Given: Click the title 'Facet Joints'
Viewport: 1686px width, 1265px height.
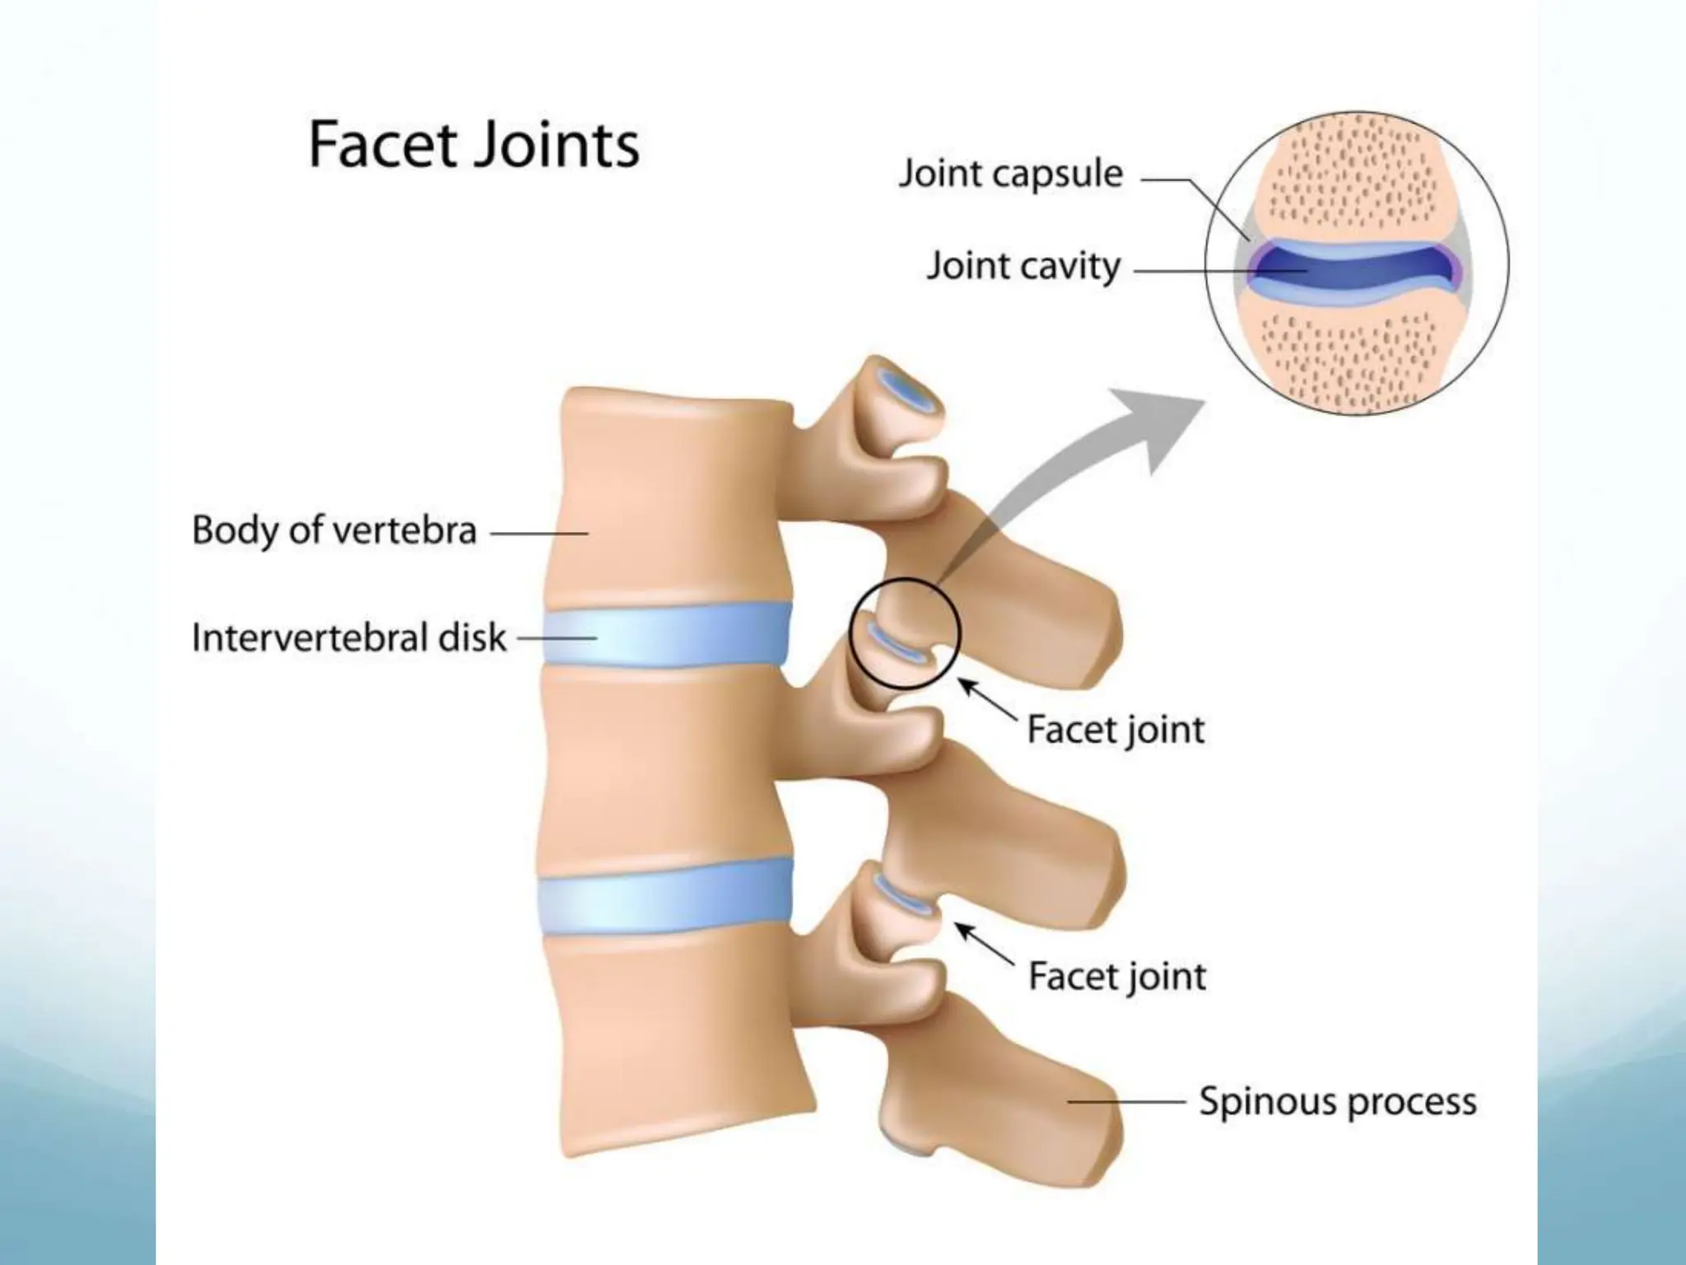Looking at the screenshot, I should [x=473, y=146].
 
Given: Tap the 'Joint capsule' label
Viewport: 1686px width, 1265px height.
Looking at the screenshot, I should [x=1010, y=174].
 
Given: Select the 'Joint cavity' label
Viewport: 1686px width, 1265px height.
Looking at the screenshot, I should [x=1023, y=266].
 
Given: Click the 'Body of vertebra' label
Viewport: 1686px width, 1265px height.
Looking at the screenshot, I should [x=334, y=530].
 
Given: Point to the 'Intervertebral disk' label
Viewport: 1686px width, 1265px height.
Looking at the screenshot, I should [x=349, y=637].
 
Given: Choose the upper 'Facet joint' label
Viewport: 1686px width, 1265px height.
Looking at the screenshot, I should [x=1115, y=730].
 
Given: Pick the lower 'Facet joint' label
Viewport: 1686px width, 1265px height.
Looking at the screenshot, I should [x=1117, y=977].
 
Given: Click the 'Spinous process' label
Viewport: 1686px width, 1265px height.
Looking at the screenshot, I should [x=1338, y=1101].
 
